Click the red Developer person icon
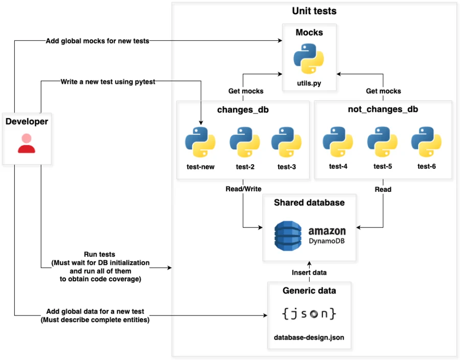[x=27, y=143]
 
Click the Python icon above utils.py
[x=309, y=59]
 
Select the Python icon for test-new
[x=200, y=142]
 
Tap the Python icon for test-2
[x=244, y=142]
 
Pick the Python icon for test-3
[x=286, y=142]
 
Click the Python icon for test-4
[x=338, y=142]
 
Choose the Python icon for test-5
[x=382, y=142]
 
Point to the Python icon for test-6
[x=426, y=142]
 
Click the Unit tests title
[x=314, y=11]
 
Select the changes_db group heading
[x=243, y=109]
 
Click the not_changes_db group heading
[x=383, y=109]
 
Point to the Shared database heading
[x=309, y=202]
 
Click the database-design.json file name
[x=309, y=338]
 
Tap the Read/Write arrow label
[x=243, y=189]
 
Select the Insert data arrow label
[x=309, y=273]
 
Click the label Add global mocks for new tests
[x=97, y=41]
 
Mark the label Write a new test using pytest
[x=107, y=81]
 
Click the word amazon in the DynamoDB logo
[x=327, y=231]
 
